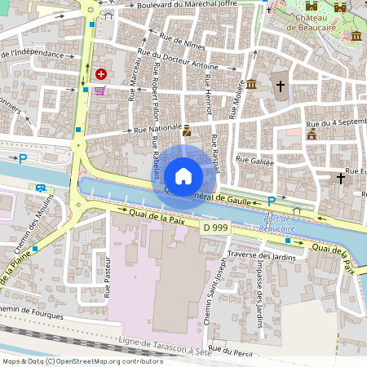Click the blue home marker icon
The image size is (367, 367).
tap(183, 175)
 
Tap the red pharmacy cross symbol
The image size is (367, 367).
tap(100, 73)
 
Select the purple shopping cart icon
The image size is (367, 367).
tap(99, 91)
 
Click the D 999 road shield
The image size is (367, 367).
tap(215, 228)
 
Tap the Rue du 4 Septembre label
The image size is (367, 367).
tap(334, 124)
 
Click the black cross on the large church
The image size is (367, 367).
tap(281, 86)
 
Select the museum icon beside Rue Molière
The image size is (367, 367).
tap(251, 84)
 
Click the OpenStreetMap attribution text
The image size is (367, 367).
tap(82, 360)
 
